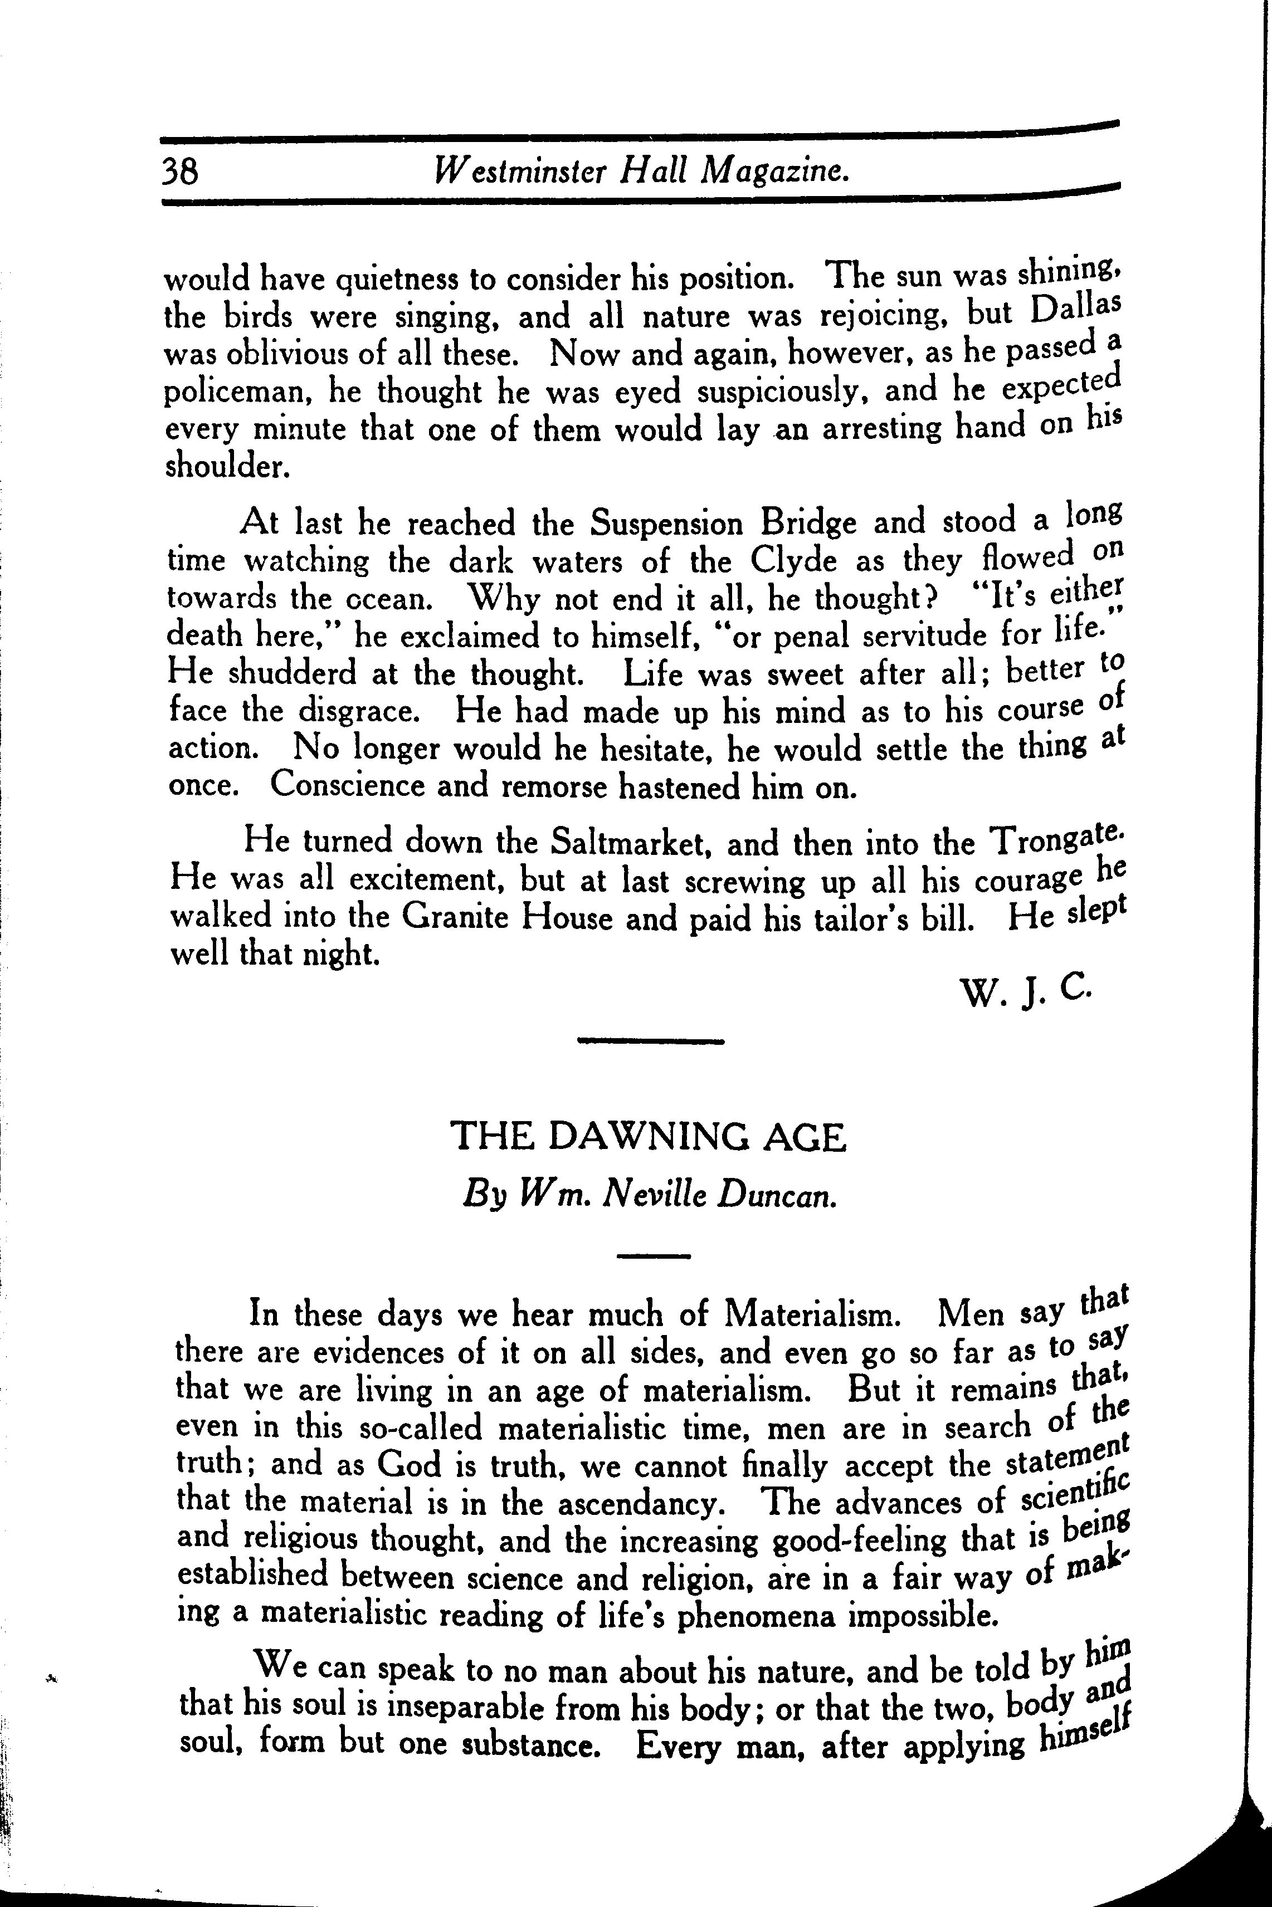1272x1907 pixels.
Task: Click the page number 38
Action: click(x=180, y=172)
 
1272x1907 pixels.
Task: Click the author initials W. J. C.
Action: click(x=1027, y=991)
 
